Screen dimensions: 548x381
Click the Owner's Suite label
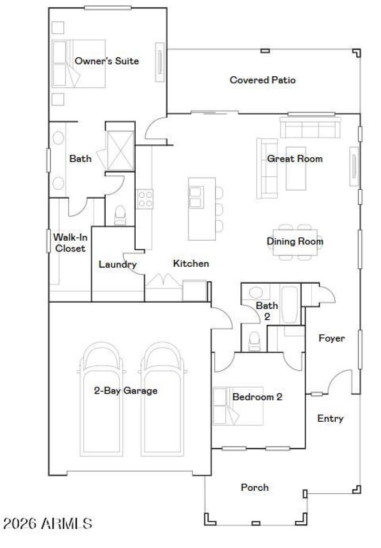[x=107, y=61]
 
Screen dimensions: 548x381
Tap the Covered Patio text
[x=262, y=80]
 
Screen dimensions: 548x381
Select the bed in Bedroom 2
[x=238, y=406]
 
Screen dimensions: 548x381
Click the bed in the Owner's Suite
[x=79, y=64]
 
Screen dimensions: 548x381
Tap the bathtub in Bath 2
[x=290, y=305]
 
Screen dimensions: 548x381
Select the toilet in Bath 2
[x=254, y=339]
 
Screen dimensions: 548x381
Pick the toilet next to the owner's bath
[x=120, y=214]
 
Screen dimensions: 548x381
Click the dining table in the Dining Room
[x=295, y=242]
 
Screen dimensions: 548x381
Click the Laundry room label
[x=118, y=264]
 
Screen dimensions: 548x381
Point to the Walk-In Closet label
[x=69, y=243]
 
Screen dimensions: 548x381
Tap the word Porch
[x=254, y=487]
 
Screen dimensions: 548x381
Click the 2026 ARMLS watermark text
[x=48, y=524]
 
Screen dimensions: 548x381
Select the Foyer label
[x=331, y=338]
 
